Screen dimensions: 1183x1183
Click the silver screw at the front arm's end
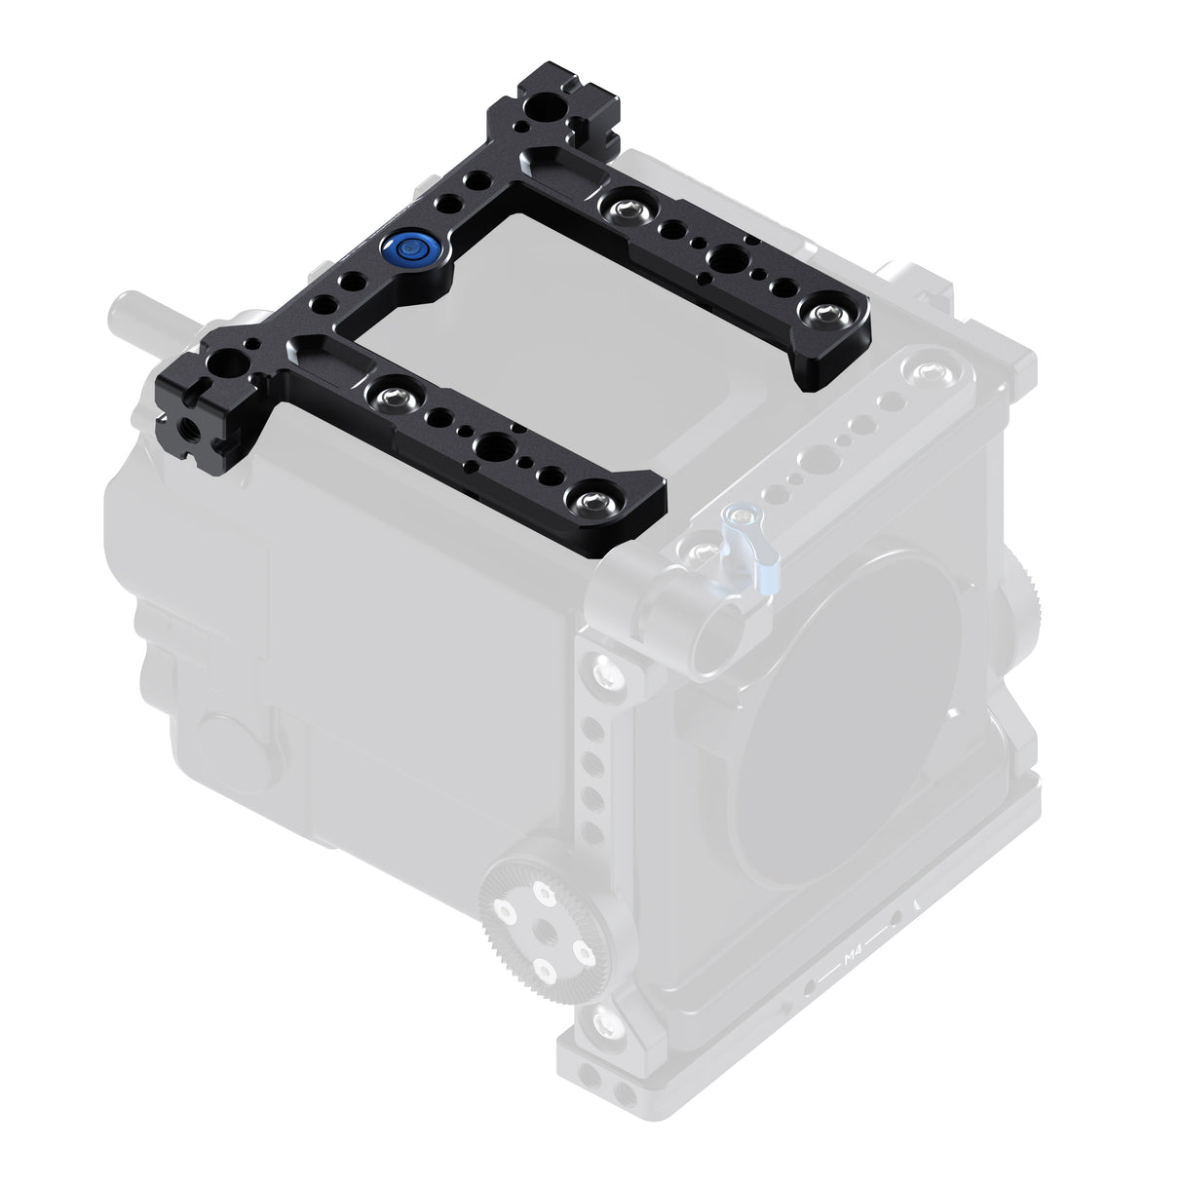click(x=591, y=502)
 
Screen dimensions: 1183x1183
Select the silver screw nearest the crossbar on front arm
click(x=390, y=395)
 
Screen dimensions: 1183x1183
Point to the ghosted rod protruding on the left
click(x=136, y=312)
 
